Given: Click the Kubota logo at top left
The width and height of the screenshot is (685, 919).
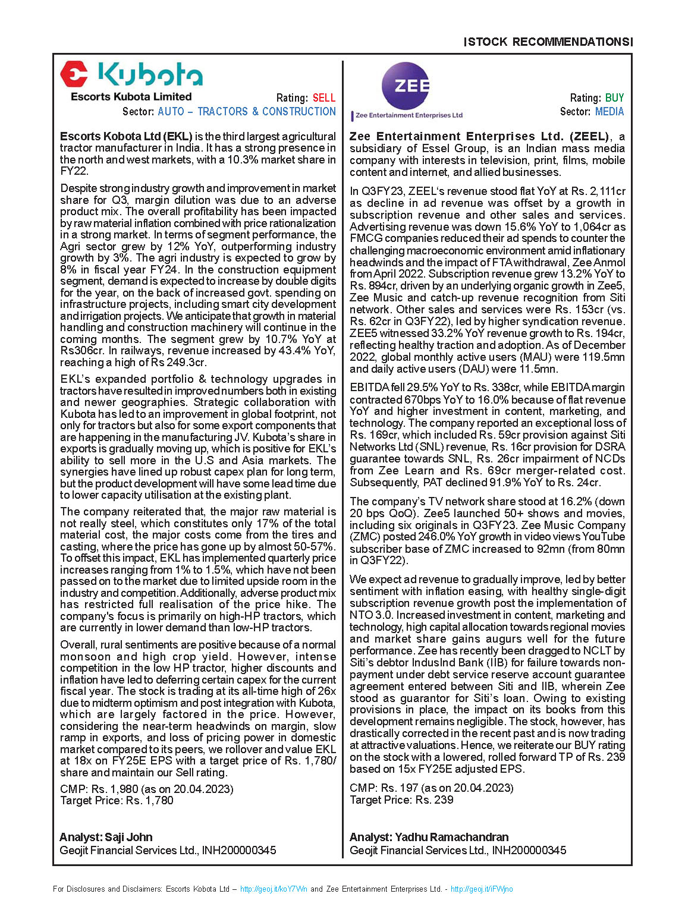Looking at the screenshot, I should pyautogui.click(x=131, y=75).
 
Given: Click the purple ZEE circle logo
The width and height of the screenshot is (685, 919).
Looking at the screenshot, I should pyautogui.click(x=406, y=86).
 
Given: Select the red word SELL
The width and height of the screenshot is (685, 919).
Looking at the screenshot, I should pyautogui.click(x=324, y=98).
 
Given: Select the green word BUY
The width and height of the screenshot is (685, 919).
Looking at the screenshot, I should pyautogui.click(x=615, y=98).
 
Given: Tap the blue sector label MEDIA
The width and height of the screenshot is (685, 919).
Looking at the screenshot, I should pyautogui.click(x=609, y=112).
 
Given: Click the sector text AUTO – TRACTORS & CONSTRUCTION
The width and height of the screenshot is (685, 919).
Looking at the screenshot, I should pyautogui.click(x=247, y=112).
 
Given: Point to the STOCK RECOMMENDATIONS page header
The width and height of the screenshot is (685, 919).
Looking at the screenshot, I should pyautogui.click(x=548, y=42).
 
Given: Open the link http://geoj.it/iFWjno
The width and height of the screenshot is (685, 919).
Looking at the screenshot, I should pyautogui.click(x=482, y=889).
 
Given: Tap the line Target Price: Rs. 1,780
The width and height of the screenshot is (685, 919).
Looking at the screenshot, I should pyautogui.click(x=117, y=801).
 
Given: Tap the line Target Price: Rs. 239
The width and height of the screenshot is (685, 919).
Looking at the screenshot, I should pyautogui.click(x=401, y=800).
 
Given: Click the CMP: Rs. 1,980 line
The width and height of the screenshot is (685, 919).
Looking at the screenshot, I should pyautogui.click(x=147, y=789).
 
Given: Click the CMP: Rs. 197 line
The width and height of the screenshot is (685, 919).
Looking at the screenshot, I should pyautogui.click(x=432, y=788).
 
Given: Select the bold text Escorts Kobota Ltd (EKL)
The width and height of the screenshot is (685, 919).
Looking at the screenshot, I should pyautogui.click(x=126, y=137).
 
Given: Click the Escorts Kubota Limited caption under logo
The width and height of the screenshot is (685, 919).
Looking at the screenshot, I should pyautogui.click(x=131, y=97).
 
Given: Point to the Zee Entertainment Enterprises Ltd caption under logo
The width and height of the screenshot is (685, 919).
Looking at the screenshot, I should pyautogui.click(x=409, y=115).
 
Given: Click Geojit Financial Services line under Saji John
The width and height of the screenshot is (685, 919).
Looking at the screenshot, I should pyautogui.click(x=168, y=851).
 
